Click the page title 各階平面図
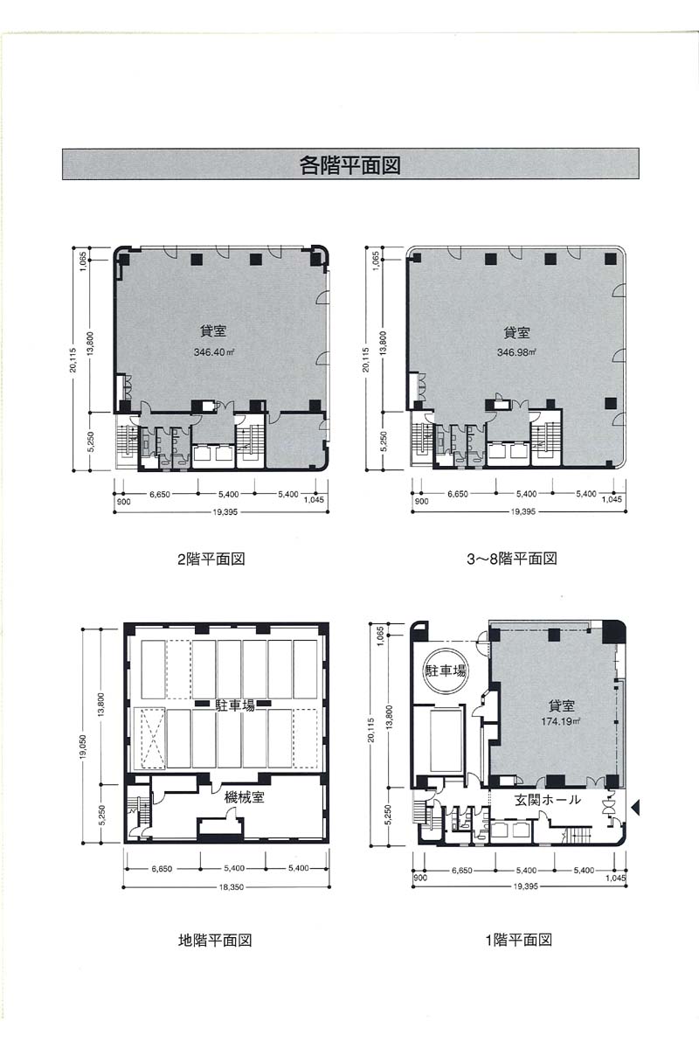point(350,165)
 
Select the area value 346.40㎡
point(213,351)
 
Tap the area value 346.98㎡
point(516,351)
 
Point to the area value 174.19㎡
point(561,721)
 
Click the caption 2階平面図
point(211,559)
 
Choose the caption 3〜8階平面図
point(512,559)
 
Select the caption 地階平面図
point(215,940)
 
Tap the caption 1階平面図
point(519,940)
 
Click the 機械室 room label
point(245,797)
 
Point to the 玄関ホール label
point(548,800)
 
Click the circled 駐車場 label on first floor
point(446,670)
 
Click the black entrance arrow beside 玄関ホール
point(635,807)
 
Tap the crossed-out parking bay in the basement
point(149,738)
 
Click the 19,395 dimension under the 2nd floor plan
point(225,512)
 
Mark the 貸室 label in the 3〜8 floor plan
point(516,333)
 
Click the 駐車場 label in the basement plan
point(235,705)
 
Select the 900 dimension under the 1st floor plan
point(420,878)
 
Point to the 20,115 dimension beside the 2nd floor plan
point(73,359)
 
